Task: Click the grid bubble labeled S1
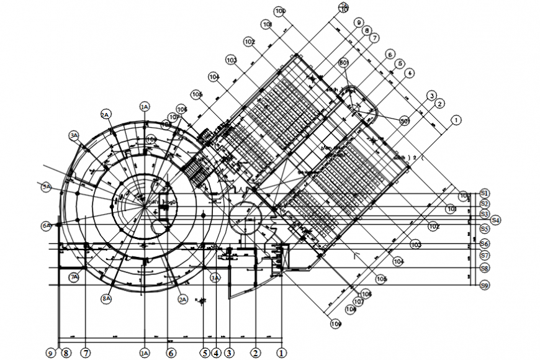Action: pos(485,194)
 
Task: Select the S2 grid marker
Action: pos(485,204)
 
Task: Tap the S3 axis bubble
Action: pos(485,214)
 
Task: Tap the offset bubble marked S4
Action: pos(495,220)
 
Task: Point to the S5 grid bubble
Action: pos(485,229)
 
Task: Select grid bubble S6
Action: pos(485,244)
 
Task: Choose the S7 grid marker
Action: pos(485,255)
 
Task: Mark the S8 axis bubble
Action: pos(485,269)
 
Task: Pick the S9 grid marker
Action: pos(485,285)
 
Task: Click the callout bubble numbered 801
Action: pos(344,63)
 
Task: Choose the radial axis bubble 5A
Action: pos(46,186)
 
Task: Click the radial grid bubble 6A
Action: pos(46,226)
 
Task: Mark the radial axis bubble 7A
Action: pos(74,277)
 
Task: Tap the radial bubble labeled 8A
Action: pos(107,299)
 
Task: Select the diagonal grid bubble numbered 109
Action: pos(336,323)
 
